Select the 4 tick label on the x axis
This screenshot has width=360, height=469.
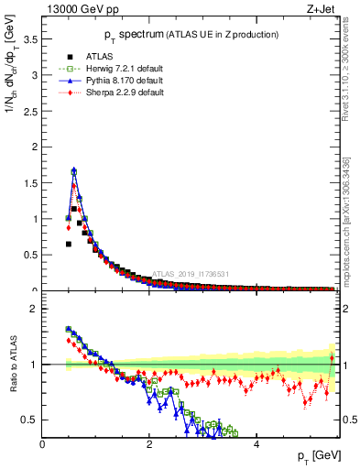[256, 446]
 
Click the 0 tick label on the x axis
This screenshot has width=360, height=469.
[42, 446]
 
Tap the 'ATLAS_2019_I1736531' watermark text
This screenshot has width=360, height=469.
[190, 274]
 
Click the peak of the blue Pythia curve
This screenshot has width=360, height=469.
[73, 170]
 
